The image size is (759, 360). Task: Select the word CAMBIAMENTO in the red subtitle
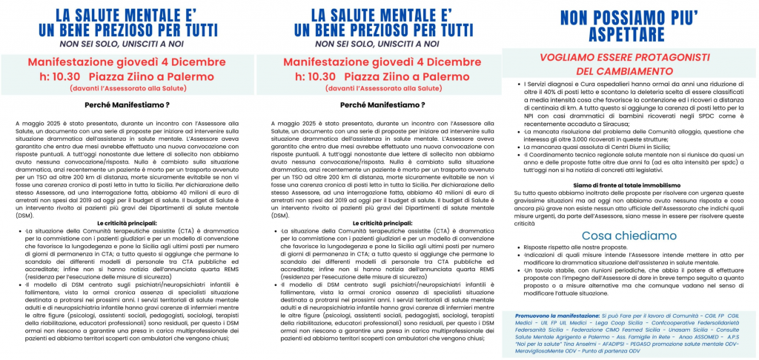[x=641, y=71]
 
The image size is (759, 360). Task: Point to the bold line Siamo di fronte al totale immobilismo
[x=632, y=184]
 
